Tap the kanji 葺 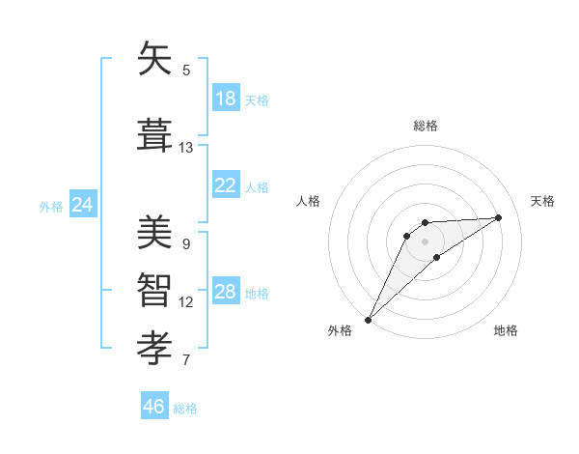click(x=154, y=135)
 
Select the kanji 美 click(x=154, y=232)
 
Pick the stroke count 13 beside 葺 click(x=186, y=148)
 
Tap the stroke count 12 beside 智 click(x=186, y=302)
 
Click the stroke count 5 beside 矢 click(x=186, y=71)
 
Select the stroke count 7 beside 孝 click(x=186, y=360)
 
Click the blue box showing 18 click(x=225, y=99)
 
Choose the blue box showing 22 click(x=225, y=185)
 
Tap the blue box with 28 click(x=225, y=292)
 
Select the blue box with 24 click(x=82, y=205)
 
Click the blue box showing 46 click(x=154, y=407)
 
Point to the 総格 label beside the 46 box click(x=185, y=409)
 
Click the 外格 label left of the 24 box click(x=51, y=206)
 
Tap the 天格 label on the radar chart click(x=542, y=201)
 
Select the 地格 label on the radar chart click(x=506, y=330)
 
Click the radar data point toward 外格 click(x=368, y=319)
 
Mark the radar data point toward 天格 click(x=499, y=217)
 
